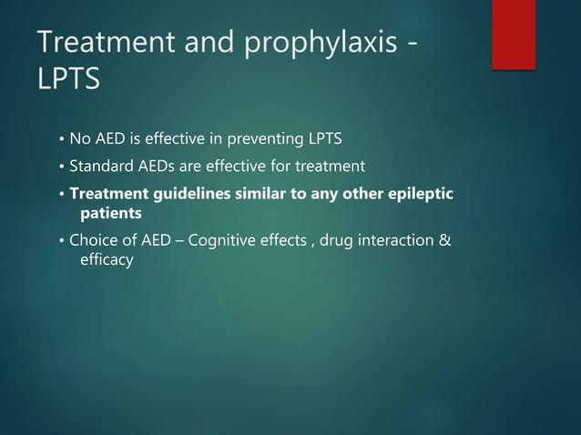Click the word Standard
pyautogui.click(x=98, y=167)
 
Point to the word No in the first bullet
pyautogui.click(x=80, y=140)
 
